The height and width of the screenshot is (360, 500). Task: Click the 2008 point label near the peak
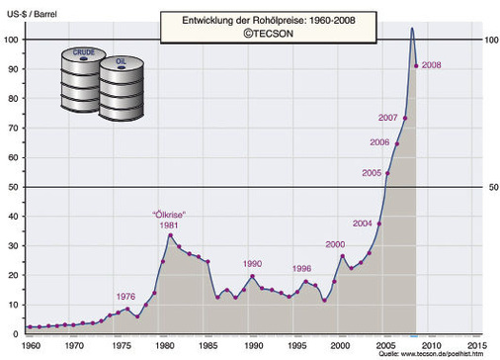point(432,65)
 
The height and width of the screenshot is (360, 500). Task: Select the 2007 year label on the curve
point(388,119)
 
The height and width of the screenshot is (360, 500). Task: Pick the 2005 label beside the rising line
point(372,173)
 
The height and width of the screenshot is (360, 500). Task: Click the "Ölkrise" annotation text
point(167,215)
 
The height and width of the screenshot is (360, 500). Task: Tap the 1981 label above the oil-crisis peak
point(169,225)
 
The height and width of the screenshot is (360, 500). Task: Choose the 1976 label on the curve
point(125,297)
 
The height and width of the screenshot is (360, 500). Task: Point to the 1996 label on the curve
point(302,268)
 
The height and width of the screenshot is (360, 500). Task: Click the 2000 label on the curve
point(336,244)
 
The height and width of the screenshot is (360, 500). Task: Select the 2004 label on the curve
point(363,224)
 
